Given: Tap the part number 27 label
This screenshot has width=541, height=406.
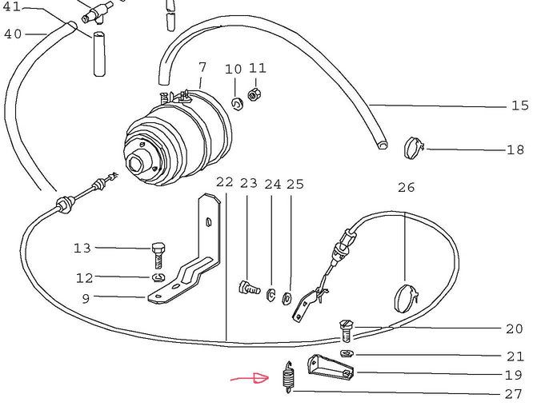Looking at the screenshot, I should (x=514, y=393).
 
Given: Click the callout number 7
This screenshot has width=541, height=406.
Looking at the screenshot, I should (x=202, y=67).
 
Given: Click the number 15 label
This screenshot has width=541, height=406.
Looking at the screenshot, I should (x=519, y=106).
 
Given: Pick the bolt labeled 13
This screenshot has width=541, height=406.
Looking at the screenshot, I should (x=158, y=254).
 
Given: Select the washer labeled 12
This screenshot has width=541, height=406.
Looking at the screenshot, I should (x=157, y=277).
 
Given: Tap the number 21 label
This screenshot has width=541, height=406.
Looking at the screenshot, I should (x=515, y=356).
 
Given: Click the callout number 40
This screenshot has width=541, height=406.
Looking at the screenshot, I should (x=13, y=34).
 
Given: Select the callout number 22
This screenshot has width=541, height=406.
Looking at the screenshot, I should (x=224, y=183).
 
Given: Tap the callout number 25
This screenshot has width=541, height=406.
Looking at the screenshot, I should (x=295, y=184).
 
